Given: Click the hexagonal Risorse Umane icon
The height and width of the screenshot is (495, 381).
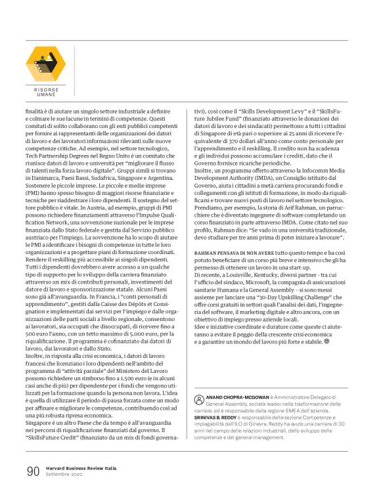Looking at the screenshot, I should click(45, 64).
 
